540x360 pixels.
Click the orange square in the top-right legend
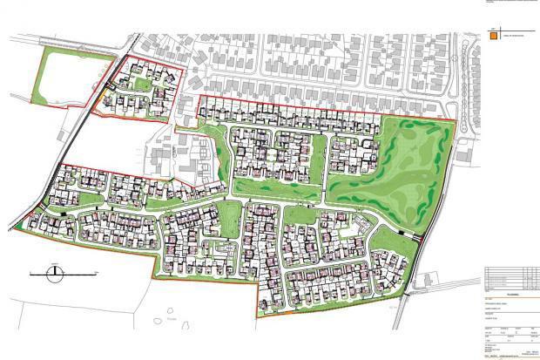tap(494, 37)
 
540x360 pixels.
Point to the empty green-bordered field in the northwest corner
tap(74, 76)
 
